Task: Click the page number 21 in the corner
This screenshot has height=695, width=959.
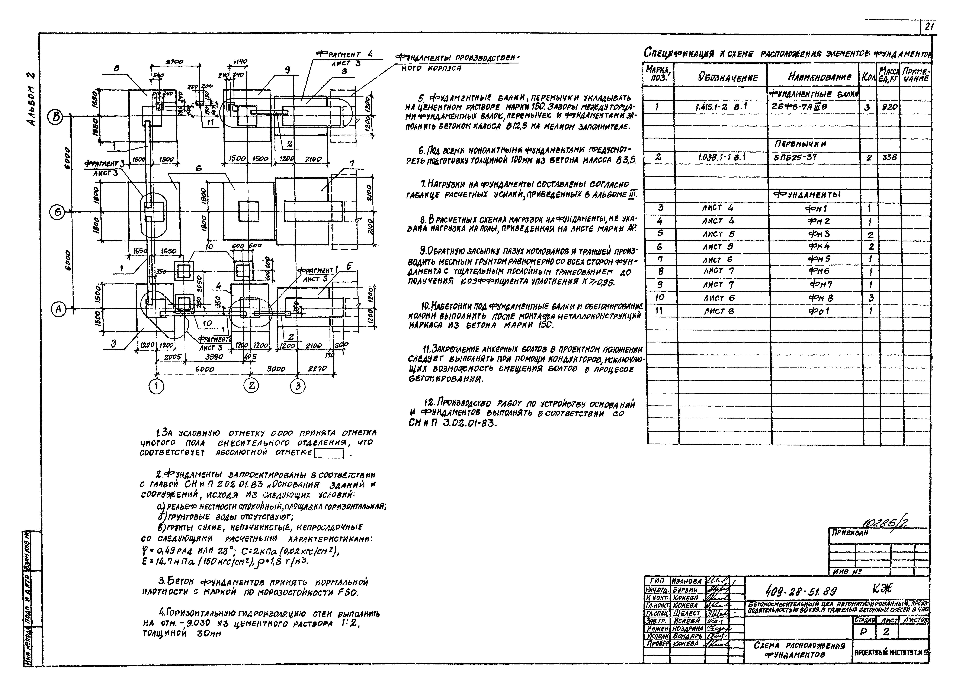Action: point(928,27)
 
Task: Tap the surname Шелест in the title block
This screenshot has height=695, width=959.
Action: point(686,613)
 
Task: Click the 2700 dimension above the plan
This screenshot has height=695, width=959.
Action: point(174,62)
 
